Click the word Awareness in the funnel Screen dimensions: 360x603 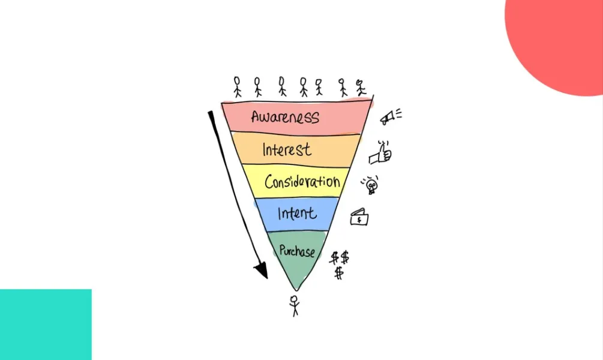tap(285, 116)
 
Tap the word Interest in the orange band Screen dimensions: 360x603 tap(287, 149)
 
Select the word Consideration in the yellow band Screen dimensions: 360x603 tap(302, 182)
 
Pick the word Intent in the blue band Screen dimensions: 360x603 tap(297, 212)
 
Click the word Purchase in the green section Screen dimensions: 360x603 tap(296, 250)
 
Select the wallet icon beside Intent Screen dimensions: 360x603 tap(359, 218)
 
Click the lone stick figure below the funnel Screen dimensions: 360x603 tap(294, 305)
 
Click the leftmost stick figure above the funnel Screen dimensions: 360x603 tap(237, 86)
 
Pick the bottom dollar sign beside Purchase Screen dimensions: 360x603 tap(339, 273)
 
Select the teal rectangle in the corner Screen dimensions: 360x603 tap(46, 325)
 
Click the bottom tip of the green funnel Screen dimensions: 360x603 tap(296, 290)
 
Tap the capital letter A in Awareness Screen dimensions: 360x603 tap(256, 116)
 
